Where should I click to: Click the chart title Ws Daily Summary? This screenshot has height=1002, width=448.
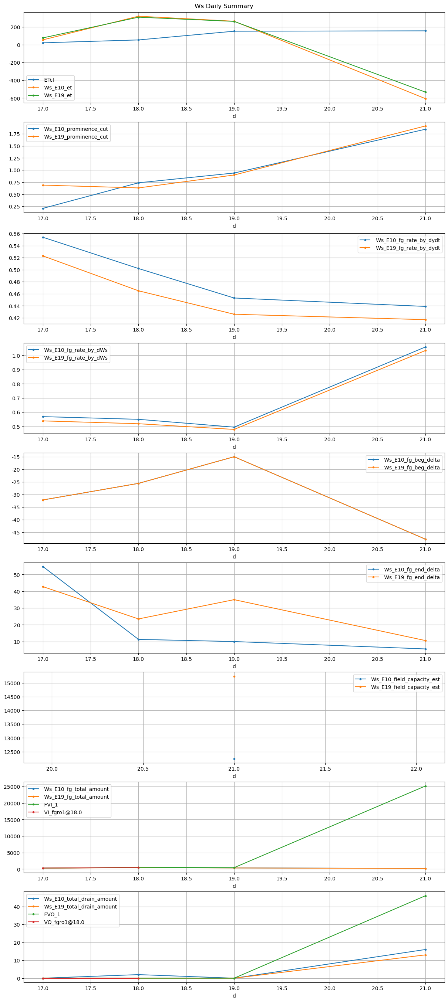click(x=224, y=6)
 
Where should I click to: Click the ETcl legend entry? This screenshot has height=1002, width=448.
click(x=49, y=80)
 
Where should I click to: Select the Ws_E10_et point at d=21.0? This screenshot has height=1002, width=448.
click(x=425, y=99)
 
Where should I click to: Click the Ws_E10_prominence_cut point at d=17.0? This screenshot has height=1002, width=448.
click(x=43, y=208)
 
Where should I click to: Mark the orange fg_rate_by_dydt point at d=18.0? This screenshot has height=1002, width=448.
click(x=138, y=291)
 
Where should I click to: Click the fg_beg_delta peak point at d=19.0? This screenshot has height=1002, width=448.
click(x=234, y=457)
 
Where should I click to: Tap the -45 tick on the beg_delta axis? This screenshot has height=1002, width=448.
click(x=14, y=533)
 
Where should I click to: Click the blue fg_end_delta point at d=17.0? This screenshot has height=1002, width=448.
click(x=43, y=567)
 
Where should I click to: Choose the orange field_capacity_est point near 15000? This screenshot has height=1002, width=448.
click(x=234, y=676)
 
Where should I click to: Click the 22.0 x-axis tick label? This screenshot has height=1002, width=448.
click(x=416, y=769)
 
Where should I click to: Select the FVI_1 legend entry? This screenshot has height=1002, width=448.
click(x=51, y=805)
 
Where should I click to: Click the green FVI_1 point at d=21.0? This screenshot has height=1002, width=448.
click(x=425, y=786)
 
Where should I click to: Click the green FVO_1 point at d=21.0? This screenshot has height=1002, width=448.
click(x=425, y=896)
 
